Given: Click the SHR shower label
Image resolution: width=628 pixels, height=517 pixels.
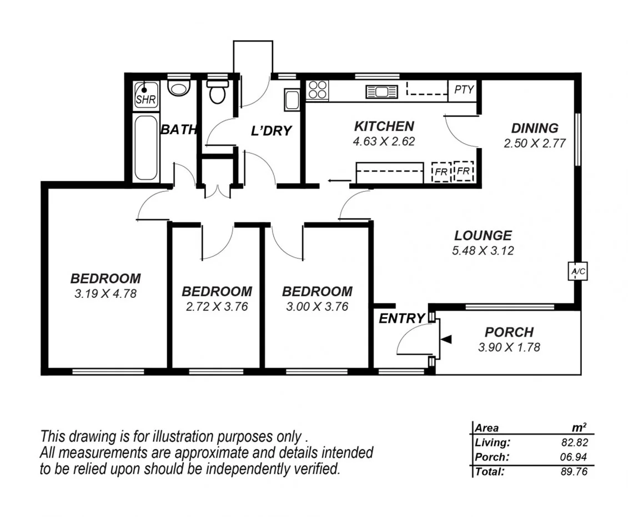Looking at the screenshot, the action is tap(146, 100).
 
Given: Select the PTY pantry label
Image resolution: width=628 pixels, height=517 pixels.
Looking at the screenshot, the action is tap(464, 89).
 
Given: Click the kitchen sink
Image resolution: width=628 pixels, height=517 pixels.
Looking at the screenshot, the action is tap(382, 92).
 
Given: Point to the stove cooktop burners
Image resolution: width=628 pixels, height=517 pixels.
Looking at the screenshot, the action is tap(318, 90).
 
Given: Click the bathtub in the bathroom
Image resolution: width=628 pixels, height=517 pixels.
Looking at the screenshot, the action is tap(146, 148).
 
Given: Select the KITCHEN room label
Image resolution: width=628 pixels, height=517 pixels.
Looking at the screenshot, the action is tap(384, 126).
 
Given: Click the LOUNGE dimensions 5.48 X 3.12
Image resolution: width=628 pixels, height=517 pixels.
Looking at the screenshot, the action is tap(483, 250).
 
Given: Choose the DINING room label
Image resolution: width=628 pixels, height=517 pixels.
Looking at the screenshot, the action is tap(534, 128).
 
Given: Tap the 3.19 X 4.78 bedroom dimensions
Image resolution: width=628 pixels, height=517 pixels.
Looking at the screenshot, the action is tap(105, 293).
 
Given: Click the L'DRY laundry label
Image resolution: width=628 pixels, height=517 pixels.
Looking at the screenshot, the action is tap(271, 131).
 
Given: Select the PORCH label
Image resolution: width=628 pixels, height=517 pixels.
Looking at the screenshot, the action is tap(509, 332).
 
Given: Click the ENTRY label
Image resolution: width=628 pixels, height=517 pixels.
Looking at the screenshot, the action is tap(401, 318).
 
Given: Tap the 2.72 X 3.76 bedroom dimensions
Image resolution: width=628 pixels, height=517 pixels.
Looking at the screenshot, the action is tap(217, 306).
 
